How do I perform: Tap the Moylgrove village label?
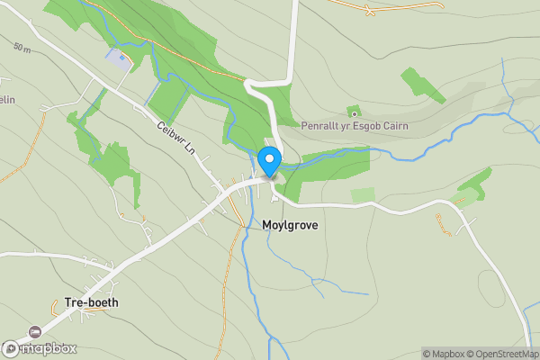(x=290, y=224)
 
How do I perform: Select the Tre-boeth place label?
(x=91, y=302)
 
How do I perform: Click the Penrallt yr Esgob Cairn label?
(x=354, y=126)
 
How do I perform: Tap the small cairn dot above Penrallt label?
(x=354, y=112)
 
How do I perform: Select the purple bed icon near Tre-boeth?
(x=35, y=331)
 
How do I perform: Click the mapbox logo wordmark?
(x=40, y=348)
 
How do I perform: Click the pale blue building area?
(x=118, y=59)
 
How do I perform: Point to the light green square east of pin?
(x=363, y=195)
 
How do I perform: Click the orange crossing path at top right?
(x=368, y=10)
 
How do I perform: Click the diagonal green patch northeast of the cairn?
(x=423, y=85)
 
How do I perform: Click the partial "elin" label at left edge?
(x=5, y=99)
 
